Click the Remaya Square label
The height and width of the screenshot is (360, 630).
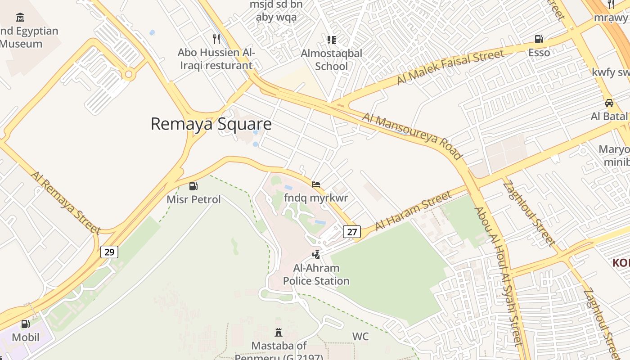point(211,124)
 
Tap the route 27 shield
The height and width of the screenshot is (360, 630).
point(352,232)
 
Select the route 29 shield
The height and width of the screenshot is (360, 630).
point(109,252)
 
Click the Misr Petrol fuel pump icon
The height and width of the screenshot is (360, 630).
point(193,186)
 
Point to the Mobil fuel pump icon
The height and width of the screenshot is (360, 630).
point(26,324)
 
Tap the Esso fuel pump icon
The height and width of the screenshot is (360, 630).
point(539,39)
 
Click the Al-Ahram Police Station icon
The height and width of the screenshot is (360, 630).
point(316,255)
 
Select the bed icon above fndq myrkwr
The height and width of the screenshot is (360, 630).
point(316,184)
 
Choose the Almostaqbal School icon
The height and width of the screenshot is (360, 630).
point(332,40)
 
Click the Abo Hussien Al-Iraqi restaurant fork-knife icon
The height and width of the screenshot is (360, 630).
point(216,39)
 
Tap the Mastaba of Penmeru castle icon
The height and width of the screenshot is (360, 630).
point(279,333)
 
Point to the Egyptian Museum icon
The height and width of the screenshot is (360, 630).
point(20,18)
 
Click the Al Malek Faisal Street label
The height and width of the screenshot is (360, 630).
point(450,67)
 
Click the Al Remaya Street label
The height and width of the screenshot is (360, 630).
point(66,202)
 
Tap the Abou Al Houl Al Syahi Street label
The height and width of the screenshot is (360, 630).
point(499,275)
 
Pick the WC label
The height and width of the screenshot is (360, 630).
point(360,337)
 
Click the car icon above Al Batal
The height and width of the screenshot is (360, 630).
point(609,103)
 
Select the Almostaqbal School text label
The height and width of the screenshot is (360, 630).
point(332,59)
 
